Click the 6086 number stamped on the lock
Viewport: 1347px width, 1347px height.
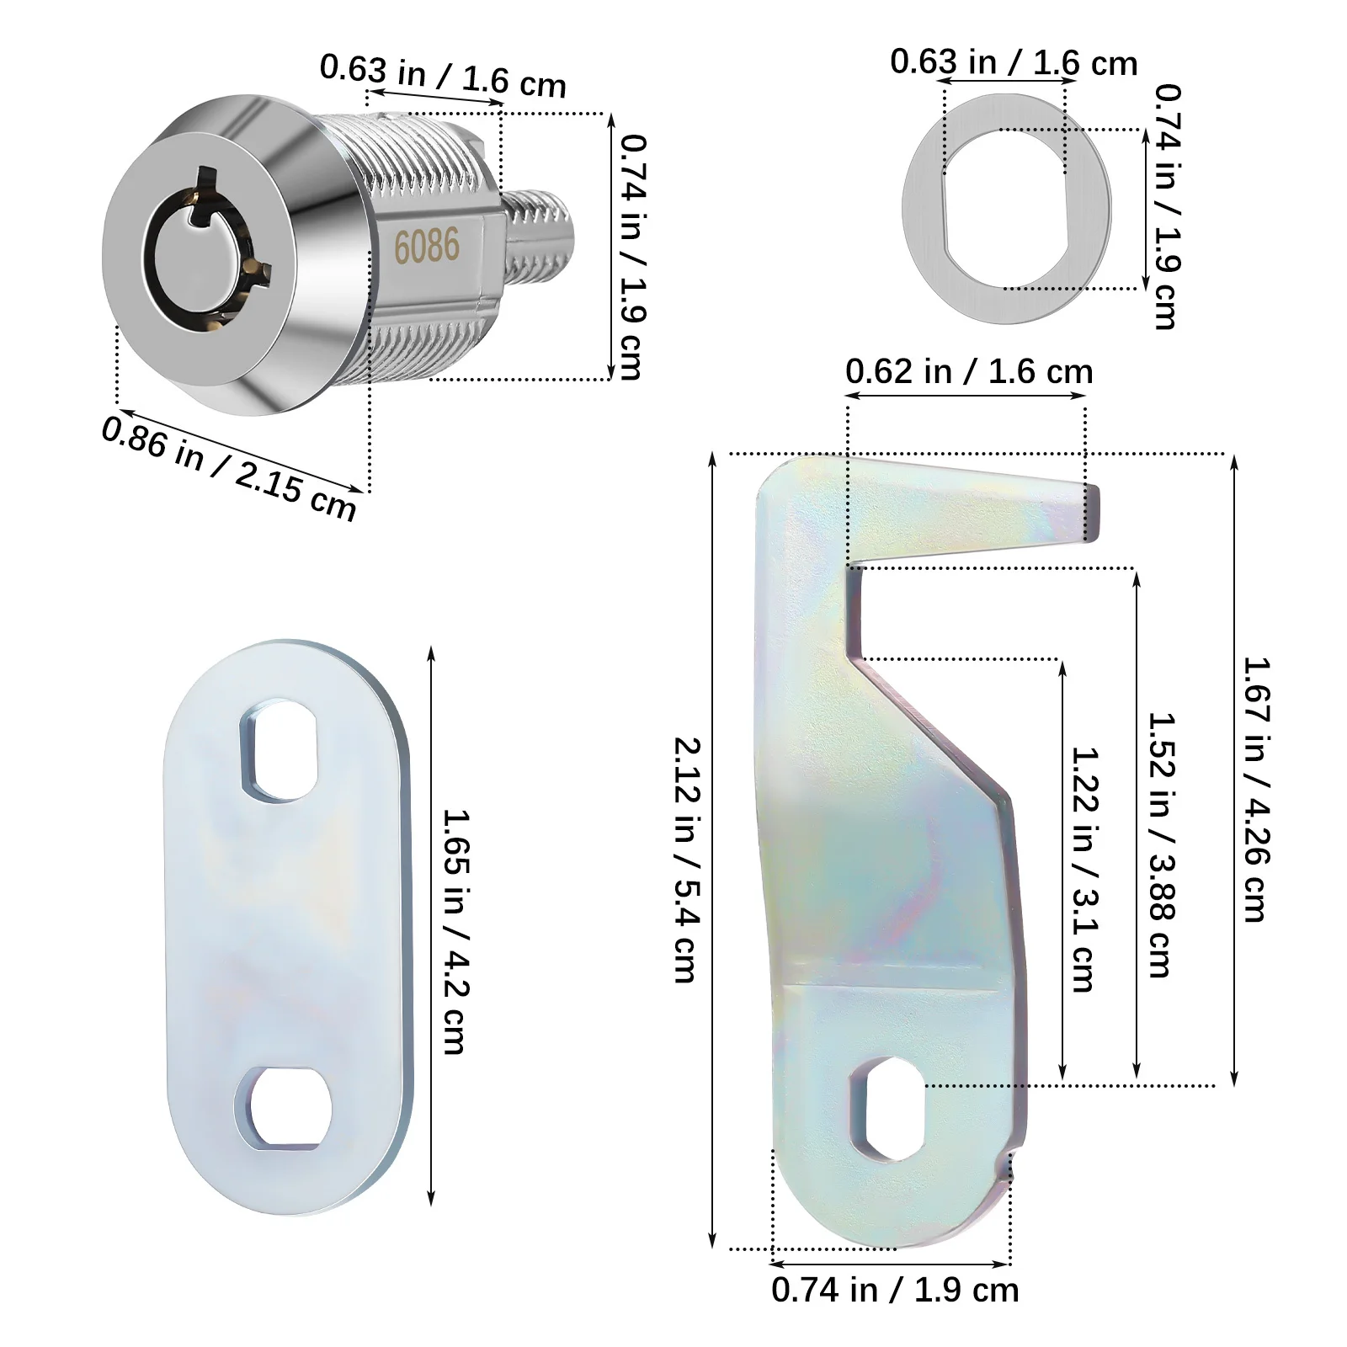427,246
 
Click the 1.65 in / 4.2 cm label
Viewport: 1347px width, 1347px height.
455,931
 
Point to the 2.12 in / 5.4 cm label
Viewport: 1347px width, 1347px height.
686,860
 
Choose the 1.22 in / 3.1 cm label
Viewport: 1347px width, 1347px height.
1083,869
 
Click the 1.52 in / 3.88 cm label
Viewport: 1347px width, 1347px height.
1163,844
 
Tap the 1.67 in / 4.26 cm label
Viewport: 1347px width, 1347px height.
1256,789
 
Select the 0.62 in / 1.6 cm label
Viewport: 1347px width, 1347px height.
969,371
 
